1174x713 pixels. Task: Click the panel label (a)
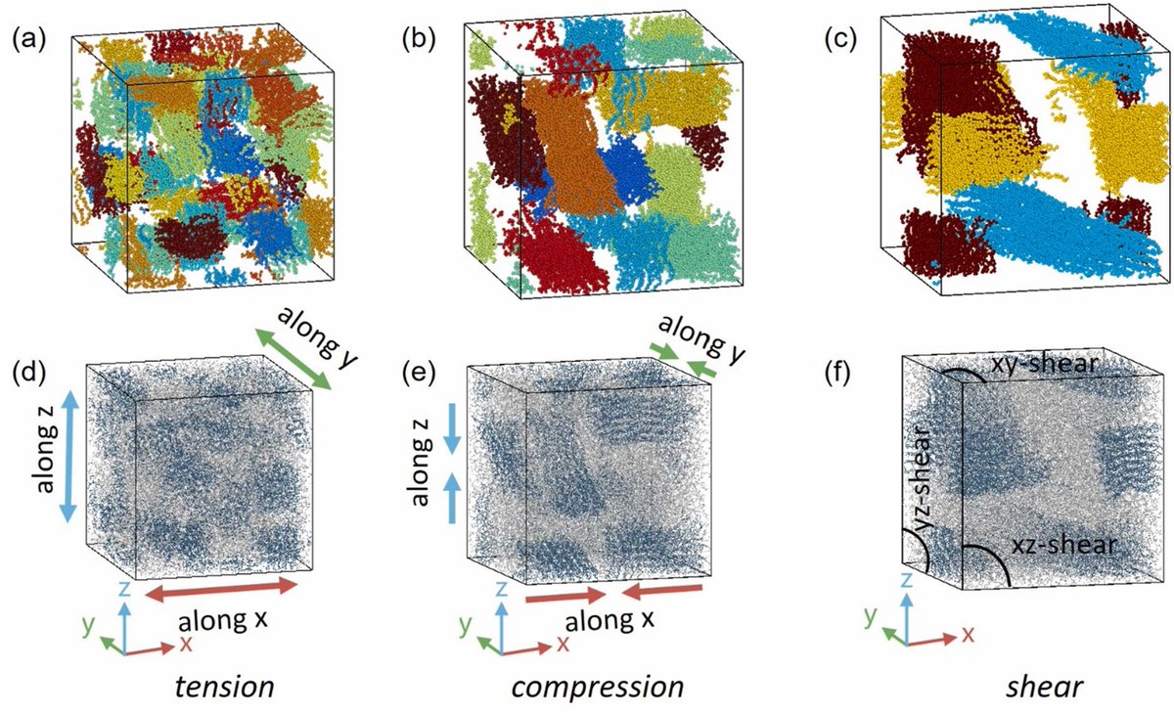[25, 41]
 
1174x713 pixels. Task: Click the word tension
[225, 687]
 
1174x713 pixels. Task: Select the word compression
[598, 687]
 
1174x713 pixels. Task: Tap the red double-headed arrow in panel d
[220, 588]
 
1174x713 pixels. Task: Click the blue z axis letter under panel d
[122, 589]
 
